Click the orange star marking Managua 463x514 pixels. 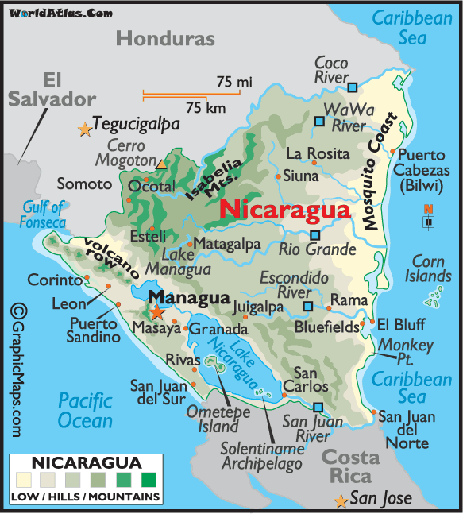point(158,312)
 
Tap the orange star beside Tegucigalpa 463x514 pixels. point(85,129)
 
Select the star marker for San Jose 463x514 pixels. point(341,501)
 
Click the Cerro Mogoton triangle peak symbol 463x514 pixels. point(162,164)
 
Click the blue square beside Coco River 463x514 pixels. point(353,87)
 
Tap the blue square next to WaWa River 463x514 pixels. point(319,122)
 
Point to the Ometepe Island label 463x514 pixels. point(218,419)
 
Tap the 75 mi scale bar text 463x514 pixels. point(233,81)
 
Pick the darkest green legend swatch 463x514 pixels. point(148,480)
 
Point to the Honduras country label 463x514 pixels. point(165,38)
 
